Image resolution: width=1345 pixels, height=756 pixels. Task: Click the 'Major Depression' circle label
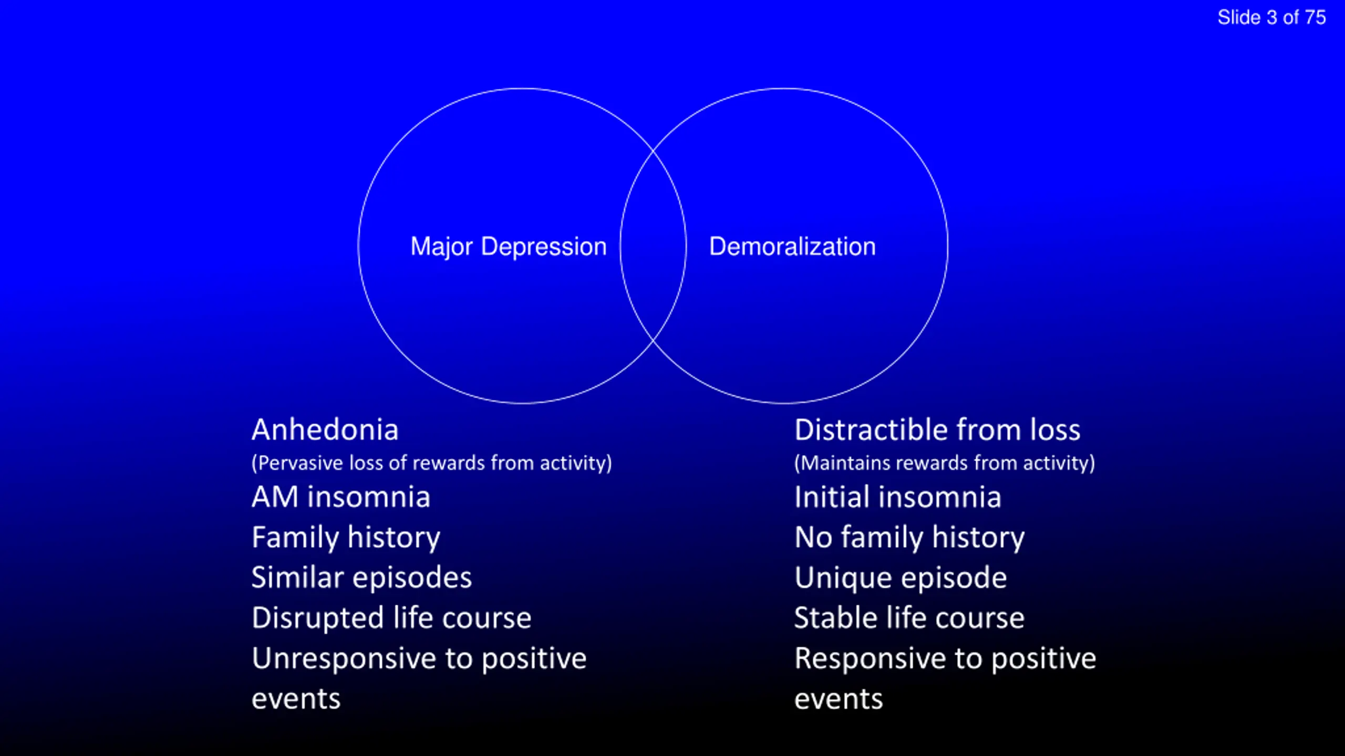(509, 247)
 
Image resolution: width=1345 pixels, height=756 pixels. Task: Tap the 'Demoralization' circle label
(792, 246)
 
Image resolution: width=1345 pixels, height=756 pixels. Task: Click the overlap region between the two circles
(653, 246)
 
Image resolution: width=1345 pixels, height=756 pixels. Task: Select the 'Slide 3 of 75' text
(1272, 17)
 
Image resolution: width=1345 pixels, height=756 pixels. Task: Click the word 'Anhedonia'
(325, 430)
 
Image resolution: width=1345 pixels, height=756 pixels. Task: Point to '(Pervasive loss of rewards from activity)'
(432, 463)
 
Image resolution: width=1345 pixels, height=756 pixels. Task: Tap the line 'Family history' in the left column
(346, 538)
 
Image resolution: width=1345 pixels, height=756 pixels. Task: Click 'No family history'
(909, 538)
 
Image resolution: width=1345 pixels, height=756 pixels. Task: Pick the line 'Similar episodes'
(361, 579)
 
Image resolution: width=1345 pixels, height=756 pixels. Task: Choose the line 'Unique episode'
(901, 579)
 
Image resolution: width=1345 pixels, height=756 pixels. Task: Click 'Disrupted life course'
(391, 618)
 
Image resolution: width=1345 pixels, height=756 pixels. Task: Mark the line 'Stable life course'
(909, 618)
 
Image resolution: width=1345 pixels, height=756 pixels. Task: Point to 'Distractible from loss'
(937, 430)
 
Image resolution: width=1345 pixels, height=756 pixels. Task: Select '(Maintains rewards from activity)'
(945, 463)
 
